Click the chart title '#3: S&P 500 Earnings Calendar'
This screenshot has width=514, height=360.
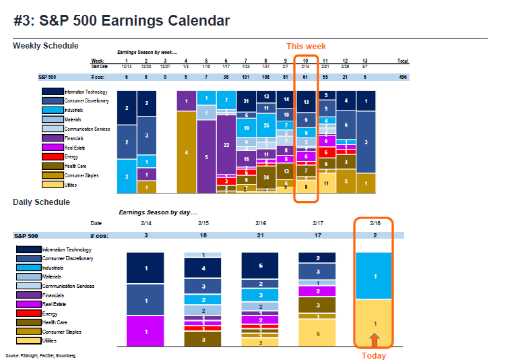click(121, 21)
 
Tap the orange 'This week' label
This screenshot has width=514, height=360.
click(307, 47)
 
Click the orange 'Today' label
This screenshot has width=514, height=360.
click(373, 355)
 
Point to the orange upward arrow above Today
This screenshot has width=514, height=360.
click(374, 339)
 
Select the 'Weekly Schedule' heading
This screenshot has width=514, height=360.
click(45, 46)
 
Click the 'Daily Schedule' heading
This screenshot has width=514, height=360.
click(41, 202)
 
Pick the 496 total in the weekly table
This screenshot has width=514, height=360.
click(402, 77)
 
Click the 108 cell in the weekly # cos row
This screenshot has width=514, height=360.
click(266, 77)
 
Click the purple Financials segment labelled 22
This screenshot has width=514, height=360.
click(226, 144)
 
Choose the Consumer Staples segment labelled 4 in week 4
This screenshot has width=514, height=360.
click(186, 152)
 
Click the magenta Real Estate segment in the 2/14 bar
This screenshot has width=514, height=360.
click(146, 332)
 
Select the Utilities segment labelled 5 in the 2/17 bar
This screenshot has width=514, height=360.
click(319, 333)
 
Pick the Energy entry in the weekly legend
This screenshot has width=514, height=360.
click(70, 156)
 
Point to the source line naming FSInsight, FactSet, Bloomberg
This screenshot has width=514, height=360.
click(40, 355)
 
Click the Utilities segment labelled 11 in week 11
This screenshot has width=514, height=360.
click(326, 183)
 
